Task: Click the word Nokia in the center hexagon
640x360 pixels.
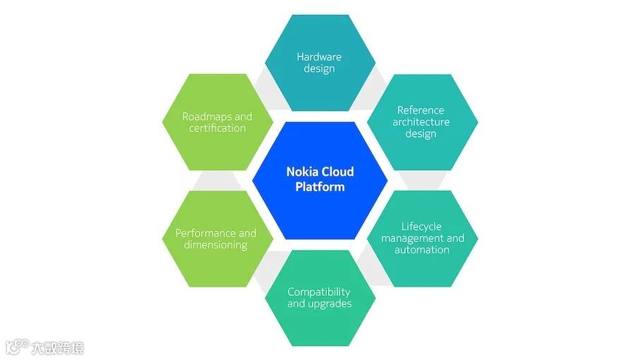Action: [302, 172]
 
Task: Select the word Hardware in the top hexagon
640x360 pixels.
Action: [320, 56]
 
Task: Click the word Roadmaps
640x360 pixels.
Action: [200, 116]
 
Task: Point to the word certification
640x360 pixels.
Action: [217, 128]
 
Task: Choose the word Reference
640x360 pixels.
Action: [421, 110]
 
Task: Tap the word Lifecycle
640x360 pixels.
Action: [421, 227]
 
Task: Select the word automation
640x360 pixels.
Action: [421, 250]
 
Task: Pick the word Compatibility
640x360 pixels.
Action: [319, 292]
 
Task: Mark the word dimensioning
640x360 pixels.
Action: [215, 245]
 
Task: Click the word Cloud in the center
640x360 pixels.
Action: [338, 172]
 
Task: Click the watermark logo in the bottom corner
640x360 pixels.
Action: [16, 347]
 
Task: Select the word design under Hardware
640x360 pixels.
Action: [319, 68]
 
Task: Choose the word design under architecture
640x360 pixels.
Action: [421, 134]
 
